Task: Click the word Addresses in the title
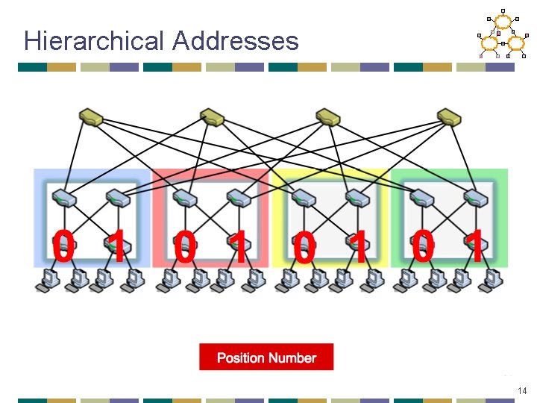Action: tap(235, 41)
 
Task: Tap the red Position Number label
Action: tap(266, 357)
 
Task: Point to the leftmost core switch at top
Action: tap(92, 116)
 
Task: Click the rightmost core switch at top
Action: tap(450, 116)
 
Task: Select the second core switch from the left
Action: tap(212, 116)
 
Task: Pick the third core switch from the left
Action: tap(328, 116)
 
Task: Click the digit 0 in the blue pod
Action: tap(63, 247)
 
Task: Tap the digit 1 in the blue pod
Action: tap(116, 247)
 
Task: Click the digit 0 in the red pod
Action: tap(185, 247)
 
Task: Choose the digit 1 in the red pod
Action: tap(237, 247)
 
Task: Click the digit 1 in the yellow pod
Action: tap(359, 247)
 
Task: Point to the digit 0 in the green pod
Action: tap(423, 247)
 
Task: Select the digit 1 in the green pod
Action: tap(474, 247)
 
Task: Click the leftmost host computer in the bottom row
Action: tap(49, 279)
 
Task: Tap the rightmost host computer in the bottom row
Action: tap(490, 279)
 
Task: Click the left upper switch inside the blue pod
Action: tap(63, 198)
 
